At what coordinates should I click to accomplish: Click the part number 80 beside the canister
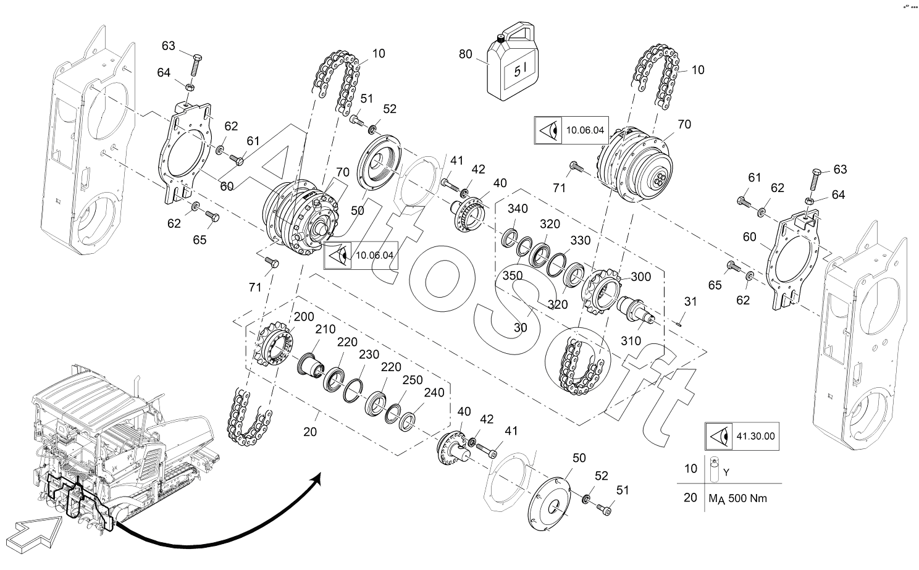click(466, 54)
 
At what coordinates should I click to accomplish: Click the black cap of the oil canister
click(500, 39)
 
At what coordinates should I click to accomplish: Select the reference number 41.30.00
click(755, 436)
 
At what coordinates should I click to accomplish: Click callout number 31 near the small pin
click(690, 301)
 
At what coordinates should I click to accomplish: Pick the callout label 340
click(518, 209)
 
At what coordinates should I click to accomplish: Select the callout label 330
click(580, 240)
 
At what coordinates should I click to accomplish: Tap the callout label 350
click(513, 275)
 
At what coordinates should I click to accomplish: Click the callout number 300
click(641, 277)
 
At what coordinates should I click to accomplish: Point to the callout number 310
click(631, 341)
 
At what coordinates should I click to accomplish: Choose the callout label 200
click(304, 317)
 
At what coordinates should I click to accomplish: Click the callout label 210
click(325, 329)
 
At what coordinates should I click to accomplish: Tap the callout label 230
click(369, 354)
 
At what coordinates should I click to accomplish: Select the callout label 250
click(413, 380)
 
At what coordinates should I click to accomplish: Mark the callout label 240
click(434, 393)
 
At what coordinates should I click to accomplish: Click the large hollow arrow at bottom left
click(38, 534)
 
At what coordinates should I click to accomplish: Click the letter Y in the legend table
click(726, 473)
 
